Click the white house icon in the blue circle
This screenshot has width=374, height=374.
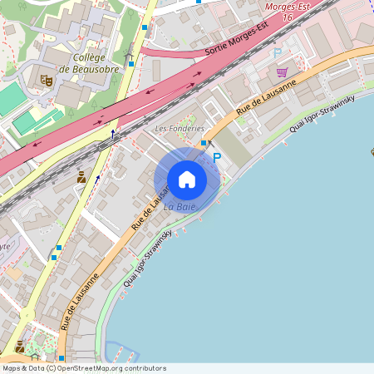[x=187, y=179]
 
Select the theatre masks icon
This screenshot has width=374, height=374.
[x=47, y=80]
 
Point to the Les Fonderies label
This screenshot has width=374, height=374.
[x=180, y=129]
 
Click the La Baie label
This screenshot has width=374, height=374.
[x=180, y=206]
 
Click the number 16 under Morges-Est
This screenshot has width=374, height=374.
[x=288, y=17]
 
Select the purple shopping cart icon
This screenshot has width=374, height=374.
[x=282, y=72]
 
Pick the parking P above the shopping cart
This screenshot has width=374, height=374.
[x=278, y=54]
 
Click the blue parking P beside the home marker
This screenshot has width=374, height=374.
[x=217, y=157]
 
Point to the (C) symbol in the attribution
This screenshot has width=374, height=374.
[x=51, y=367]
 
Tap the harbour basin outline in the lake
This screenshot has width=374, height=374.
[x=117, y=352]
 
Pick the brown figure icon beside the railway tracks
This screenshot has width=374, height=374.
[x=81, y=176]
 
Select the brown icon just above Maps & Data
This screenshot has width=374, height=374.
[x=19, y=347]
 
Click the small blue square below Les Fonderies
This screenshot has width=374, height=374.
[x=203, y=143]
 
